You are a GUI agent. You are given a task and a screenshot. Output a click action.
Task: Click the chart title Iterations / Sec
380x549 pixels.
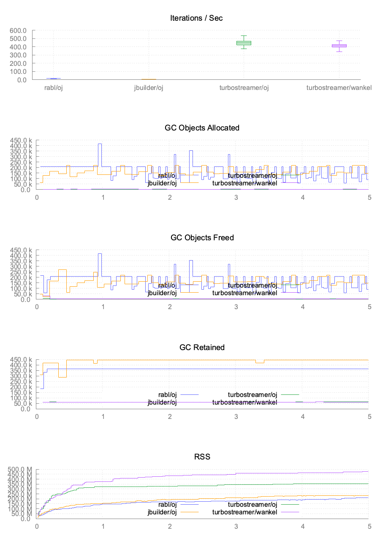click(x=196, y=18)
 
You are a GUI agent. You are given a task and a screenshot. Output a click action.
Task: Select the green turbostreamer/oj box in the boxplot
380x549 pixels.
click(x=244, y=43)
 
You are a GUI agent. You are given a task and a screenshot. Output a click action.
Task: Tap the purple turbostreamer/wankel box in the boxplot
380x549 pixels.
click(x=339, y=46)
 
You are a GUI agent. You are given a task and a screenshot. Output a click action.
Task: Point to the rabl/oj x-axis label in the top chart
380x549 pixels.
click(x=54, y=88)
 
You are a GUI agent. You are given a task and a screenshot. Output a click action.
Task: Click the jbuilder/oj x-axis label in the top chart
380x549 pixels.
click(x=149, y=88)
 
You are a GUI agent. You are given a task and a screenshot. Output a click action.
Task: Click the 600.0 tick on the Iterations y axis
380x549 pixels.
click(x=19, y=30)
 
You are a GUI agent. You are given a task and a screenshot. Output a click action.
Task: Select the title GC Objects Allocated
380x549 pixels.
click(x=202, y=128)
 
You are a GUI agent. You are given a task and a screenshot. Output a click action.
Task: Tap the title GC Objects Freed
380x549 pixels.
click(x=202, y=237)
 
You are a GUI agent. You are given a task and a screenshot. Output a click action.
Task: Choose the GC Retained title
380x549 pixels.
click(x=202, y=347)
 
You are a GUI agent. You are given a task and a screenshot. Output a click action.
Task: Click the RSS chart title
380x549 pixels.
click(x=202, y=457)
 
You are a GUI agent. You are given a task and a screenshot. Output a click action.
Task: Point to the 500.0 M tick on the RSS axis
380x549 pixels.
click(x=22, y=470)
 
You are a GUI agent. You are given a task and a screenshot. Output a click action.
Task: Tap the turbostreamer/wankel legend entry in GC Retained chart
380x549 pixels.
click(x=244, y=402)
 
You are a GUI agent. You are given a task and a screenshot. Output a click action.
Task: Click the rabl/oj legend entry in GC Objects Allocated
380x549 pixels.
click(x=167, y=176)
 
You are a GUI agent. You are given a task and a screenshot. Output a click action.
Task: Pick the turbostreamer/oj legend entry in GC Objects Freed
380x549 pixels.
click(x=252, y=285)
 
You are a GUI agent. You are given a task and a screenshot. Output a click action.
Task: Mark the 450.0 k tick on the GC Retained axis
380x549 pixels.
click(x=22, y=360)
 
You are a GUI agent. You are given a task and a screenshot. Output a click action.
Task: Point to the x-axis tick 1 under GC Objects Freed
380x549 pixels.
click(x=103, y=307)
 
